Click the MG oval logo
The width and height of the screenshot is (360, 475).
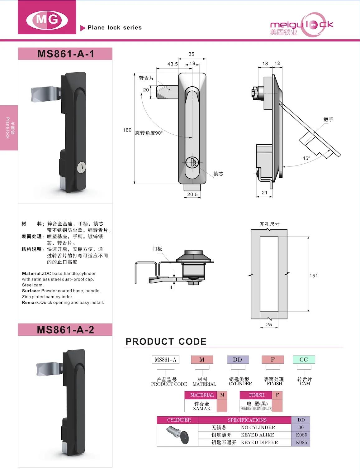tap(47, 20)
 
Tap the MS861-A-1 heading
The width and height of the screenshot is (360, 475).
tap(65, 54)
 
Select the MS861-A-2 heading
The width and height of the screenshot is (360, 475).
tap(65, 330)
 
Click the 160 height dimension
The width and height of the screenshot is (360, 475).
tap(127, 130)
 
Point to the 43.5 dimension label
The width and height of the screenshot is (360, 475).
tap(173, 64)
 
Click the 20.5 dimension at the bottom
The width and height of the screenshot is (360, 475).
tap(192, 194)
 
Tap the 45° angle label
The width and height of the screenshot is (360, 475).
tap(306, 158)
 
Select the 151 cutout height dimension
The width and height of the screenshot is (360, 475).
tap(314, 276)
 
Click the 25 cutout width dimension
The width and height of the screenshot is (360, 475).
tap(269, 324)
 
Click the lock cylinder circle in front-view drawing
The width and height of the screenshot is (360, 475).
tap(192, 162)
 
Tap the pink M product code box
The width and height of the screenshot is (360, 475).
tap(202, 360)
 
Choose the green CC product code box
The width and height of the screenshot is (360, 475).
tap(304, 360)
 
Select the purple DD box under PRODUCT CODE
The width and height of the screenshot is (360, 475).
tap(238, 360)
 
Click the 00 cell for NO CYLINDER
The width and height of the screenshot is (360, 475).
tap(301, 427)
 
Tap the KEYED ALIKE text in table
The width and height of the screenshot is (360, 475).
tap(258, 435)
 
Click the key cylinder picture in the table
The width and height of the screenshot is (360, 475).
tap(178, 434)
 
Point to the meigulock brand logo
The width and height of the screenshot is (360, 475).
tap(301, 25)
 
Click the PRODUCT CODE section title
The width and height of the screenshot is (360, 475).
tap(166, 342)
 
